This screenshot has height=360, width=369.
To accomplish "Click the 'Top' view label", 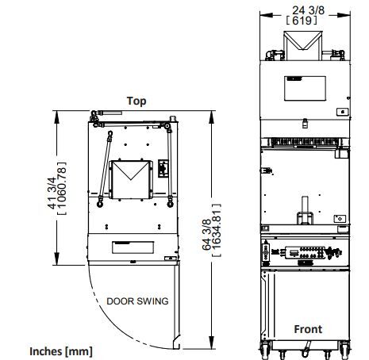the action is pos(136,101).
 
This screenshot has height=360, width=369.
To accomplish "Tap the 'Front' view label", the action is pos(308,329).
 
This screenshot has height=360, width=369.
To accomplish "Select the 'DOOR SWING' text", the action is pos(137,301).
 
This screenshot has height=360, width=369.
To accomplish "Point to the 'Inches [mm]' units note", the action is pos(61,352).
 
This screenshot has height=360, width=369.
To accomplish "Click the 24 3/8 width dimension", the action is pos(308,10).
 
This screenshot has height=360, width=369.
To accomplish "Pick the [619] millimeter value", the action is pos(302,21).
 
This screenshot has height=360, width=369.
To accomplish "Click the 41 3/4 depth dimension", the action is pos(52,193).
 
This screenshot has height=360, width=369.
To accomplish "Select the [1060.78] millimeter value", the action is pos(62,188).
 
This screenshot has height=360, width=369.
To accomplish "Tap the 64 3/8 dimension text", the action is pos(206,235).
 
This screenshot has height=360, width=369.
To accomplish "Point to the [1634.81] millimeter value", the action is pos(217,230).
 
